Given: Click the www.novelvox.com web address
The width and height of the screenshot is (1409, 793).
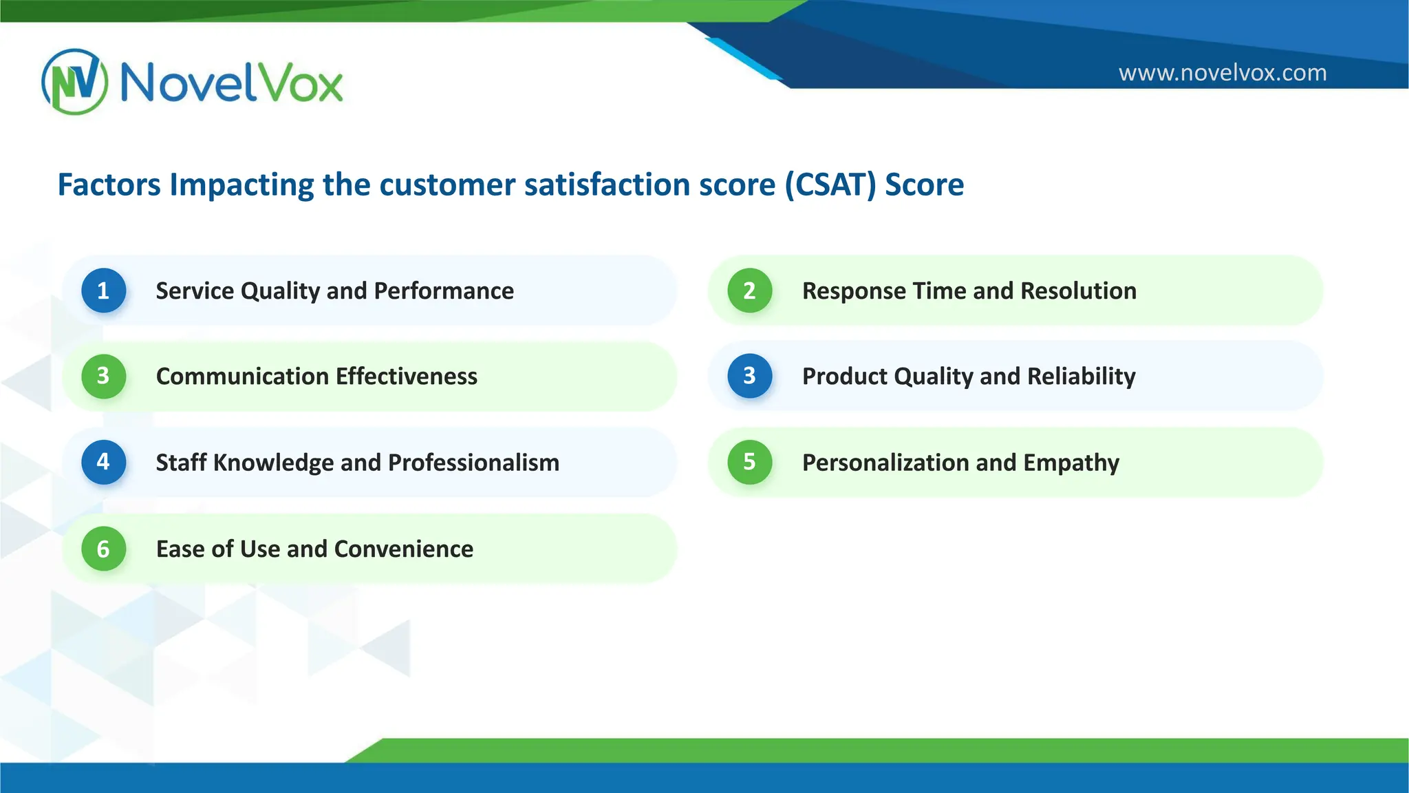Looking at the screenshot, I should tap(1222, 72).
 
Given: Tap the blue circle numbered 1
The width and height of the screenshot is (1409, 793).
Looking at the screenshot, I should tap(103, 290).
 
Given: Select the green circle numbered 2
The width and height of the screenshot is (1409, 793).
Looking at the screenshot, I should tap(749, 290).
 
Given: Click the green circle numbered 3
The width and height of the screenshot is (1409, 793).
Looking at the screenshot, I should tap(103, 376).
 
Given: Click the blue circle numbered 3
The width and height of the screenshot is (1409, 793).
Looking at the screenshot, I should tap(749, 376).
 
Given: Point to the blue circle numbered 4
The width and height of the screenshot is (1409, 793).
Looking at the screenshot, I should tap(103, 462).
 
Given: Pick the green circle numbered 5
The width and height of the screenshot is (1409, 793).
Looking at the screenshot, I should tap(749, 462).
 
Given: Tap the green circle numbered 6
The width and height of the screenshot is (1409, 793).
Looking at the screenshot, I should tap(103, 549).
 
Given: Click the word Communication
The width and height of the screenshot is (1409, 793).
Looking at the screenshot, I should tap(242, 377).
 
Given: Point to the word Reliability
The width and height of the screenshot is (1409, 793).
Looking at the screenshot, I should tap(1081, 377).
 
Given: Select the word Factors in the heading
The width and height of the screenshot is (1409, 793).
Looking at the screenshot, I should tap(109, 184).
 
